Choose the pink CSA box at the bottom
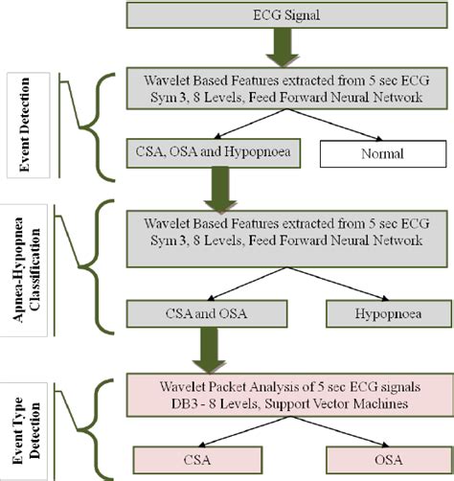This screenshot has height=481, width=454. [197, 460]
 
